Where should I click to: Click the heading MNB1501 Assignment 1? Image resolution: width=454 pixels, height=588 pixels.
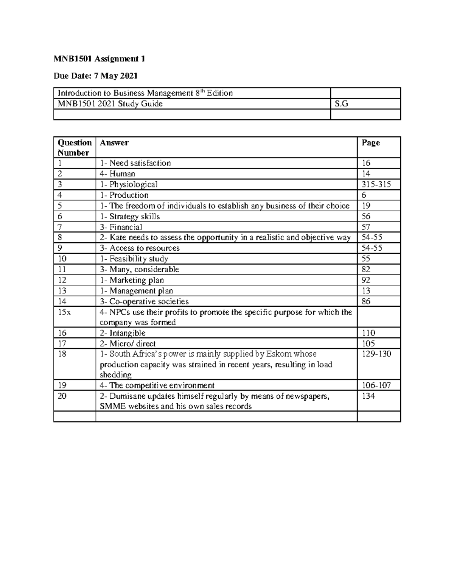point(99,59)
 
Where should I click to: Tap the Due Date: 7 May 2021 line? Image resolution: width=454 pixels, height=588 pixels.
point(95,76)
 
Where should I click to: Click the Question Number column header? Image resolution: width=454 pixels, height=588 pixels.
point(75,148)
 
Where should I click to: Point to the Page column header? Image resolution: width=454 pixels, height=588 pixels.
point(371,143)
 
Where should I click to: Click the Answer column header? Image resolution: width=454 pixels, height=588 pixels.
point(114,143)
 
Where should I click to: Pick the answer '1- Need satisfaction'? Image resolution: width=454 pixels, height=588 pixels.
point(135,163)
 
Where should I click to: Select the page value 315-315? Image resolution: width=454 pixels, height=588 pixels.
point(376,184)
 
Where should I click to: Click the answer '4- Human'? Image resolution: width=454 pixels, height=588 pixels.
point(117,174)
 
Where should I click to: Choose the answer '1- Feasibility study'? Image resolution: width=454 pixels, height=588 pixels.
point(134,259)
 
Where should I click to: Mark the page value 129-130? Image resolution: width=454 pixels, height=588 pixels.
point(376,354)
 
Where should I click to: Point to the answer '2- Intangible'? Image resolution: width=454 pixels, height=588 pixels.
point(123,333)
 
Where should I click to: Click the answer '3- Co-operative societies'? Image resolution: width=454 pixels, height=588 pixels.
point(144,302)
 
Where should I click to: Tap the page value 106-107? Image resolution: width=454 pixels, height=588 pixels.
point(376,385)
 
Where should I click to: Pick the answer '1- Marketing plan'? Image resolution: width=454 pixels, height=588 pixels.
point(132,280)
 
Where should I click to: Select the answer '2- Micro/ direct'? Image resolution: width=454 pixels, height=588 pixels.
point(127,344)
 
